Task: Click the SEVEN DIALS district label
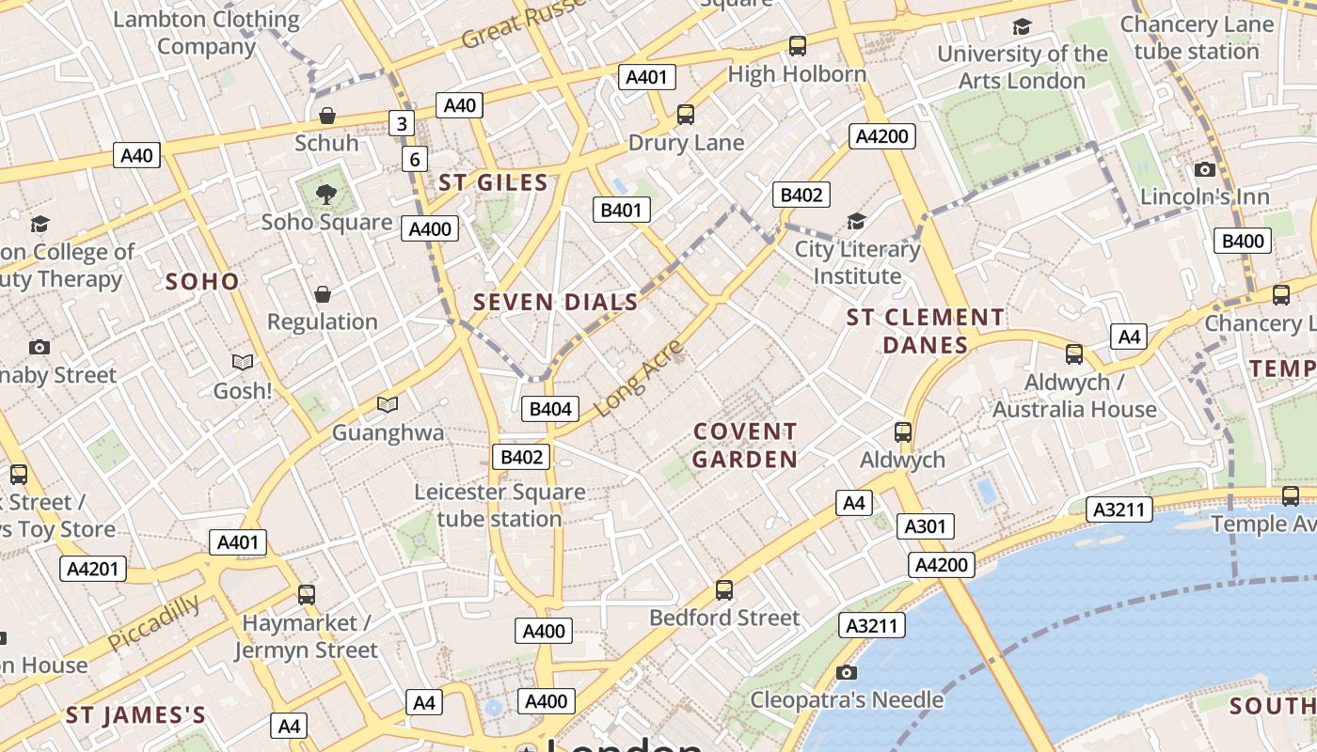tap(555, 302)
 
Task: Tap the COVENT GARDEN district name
tap(745, 446)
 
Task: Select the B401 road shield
tap(621, 210)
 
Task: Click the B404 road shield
tap(550, 409)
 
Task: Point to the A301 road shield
tap(925, 526)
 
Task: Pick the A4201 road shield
tap(92, 568)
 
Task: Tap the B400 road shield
tap(1242, 241)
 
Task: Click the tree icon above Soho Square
tap(326, 195)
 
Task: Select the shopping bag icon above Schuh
tap(327, 116)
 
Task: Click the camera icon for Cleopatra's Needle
tap(847, 672)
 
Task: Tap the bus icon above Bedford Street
tap(723, 590)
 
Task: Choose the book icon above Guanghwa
tap(387, 404)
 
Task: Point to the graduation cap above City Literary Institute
tap(856, 222)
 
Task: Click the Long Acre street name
tap(639, 379)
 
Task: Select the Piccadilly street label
tap(153, 622)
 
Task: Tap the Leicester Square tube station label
tap(500, 505)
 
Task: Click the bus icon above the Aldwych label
tap(903, 432)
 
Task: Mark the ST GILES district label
tap(493, 182)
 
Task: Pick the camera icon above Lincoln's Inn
tap(1204, 170)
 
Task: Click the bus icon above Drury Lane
tap(686, 115)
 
